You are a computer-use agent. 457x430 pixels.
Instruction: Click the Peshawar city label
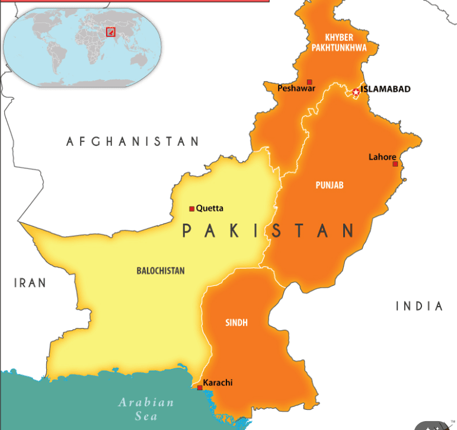point(296,88)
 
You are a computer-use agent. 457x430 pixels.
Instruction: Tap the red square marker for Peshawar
point(309,82)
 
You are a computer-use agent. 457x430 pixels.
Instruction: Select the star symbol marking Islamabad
point(356,92)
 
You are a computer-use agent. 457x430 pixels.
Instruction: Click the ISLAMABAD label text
point(385,90)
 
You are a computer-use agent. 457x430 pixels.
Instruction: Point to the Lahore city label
point(382,157)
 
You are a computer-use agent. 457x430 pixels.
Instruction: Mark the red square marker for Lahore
point(395,164)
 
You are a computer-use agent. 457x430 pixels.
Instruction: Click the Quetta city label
point(210,208)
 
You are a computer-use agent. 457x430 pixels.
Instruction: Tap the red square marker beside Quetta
point(191,209)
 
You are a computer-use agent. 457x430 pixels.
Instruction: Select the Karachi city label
point(218,383)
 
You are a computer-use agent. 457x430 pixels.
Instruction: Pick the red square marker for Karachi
point(200,388)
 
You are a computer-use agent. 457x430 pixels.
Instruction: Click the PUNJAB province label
point(329,185)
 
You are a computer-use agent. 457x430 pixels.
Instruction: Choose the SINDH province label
point(237,323)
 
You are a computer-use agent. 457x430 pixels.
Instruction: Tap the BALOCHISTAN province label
point(160,270)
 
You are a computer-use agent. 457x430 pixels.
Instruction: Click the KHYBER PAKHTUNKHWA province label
point(339,42)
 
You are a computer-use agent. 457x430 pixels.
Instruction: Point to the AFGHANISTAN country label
point(133,141)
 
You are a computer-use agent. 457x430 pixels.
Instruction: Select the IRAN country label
point(30,283)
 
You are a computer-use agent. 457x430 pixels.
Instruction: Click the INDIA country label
point(419,306)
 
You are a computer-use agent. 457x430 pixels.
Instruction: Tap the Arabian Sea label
point(146,409)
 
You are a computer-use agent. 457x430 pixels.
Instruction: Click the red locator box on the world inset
point(110,31)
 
